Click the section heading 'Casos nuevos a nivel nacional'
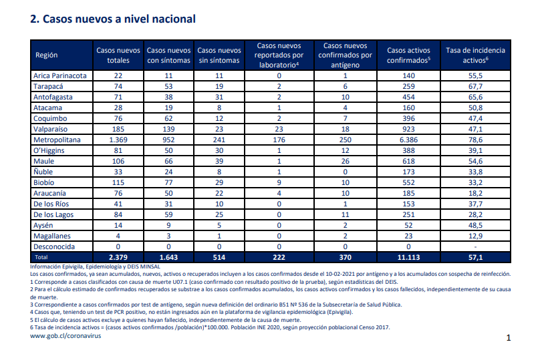pos(119,19)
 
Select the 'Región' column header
pos(46,55)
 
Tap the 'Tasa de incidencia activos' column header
pos(475,55)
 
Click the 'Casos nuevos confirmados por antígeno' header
pos(345,55)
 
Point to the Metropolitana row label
pos(57,140)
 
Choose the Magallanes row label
pos(52,236)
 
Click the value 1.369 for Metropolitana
pos(118,140)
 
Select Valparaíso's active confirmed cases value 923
pos(408,129)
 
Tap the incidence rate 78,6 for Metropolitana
pos(475,140)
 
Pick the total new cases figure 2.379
pos(118,257)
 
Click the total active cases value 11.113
pos(408,257)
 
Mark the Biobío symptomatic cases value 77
pos(168,182)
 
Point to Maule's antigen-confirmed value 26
pos(345,161)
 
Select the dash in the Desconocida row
pos(475,247)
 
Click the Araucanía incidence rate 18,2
pos(475,193)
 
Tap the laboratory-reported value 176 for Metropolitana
pos(279,140)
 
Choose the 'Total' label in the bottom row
pos(41,257)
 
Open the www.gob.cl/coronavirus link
pos(65,336)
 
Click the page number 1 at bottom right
pos(509,337)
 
